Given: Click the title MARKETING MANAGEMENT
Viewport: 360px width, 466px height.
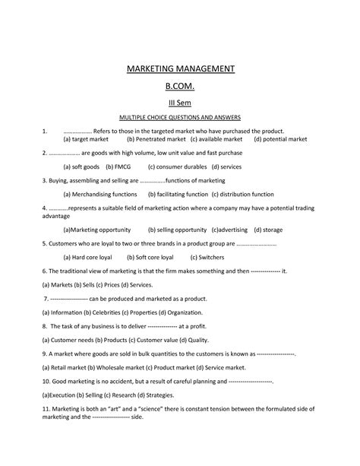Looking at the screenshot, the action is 180,70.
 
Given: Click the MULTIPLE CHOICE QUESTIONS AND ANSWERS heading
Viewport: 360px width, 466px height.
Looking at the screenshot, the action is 180,119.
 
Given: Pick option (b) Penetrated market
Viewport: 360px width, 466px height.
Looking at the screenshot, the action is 156,140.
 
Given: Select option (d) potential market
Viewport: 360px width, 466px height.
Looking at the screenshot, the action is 280,140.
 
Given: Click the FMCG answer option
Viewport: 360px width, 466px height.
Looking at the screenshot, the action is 119,166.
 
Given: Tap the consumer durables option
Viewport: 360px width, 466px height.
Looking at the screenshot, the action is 178,166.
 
